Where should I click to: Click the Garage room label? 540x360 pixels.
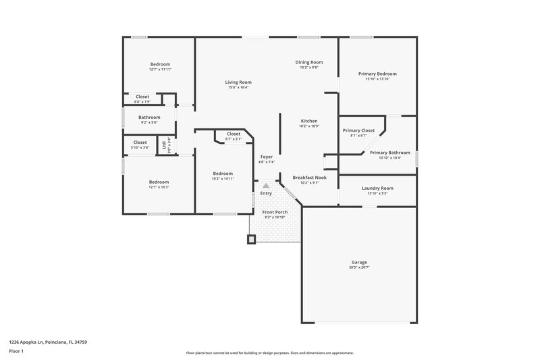[x=358, y=262]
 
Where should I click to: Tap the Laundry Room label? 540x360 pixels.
[x=377, y=188]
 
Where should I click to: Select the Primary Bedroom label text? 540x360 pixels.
[x=377, y=74]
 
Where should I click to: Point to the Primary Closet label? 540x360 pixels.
[x=358, y=130]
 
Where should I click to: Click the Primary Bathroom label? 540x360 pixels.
[x=389, y=153]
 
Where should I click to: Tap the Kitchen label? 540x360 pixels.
[x=308, y=121]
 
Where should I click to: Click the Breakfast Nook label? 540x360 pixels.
[x=309, y=178]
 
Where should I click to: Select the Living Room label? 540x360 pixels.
[x=238, y=82]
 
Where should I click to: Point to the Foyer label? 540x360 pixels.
[x=266, y=157]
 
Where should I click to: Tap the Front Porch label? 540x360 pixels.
[x=274, y=212]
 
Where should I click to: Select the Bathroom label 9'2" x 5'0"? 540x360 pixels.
[x=149, y=118]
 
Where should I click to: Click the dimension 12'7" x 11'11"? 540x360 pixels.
[x=160, y=70]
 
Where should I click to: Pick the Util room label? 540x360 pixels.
[x=164, y=145]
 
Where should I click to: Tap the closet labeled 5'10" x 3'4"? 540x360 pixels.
[x=140, y=143]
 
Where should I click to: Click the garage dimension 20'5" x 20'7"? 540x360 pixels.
[x=358, y=267]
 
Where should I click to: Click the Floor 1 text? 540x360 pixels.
[x=16, y=352]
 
